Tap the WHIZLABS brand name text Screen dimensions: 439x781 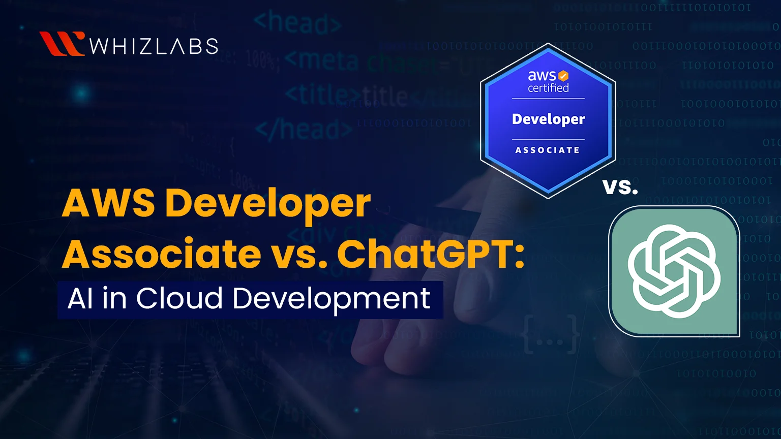(154, 46)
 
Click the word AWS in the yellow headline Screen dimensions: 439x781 (108, 203)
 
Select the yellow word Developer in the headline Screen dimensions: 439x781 (268, 204)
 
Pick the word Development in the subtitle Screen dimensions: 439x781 (332, 299)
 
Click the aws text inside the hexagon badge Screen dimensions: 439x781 (542, 76)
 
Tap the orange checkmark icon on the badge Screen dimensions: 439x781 (563, 76)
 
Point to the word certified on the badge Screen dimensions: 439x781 (548, 88)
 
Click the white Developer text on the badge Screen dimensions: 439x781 (548, 119)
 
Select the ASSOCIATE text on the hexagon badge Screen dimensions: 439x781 (548, 150)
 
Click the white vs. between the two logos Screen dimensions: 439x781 (620, 186)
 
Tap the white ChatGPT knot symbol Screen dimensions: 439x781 (674, 271)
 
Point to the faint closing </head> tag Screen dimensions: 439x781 (304, 130)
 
